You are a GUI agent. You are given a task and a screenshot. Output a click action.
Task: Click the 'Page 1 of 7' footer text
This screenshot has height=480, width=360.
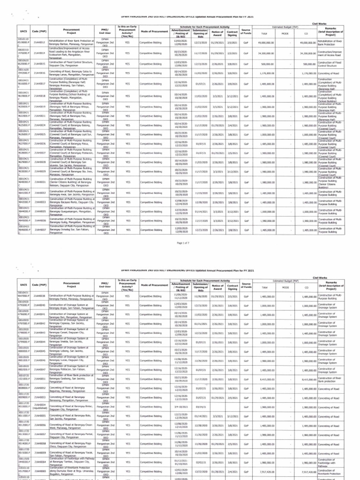(180, 244)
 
